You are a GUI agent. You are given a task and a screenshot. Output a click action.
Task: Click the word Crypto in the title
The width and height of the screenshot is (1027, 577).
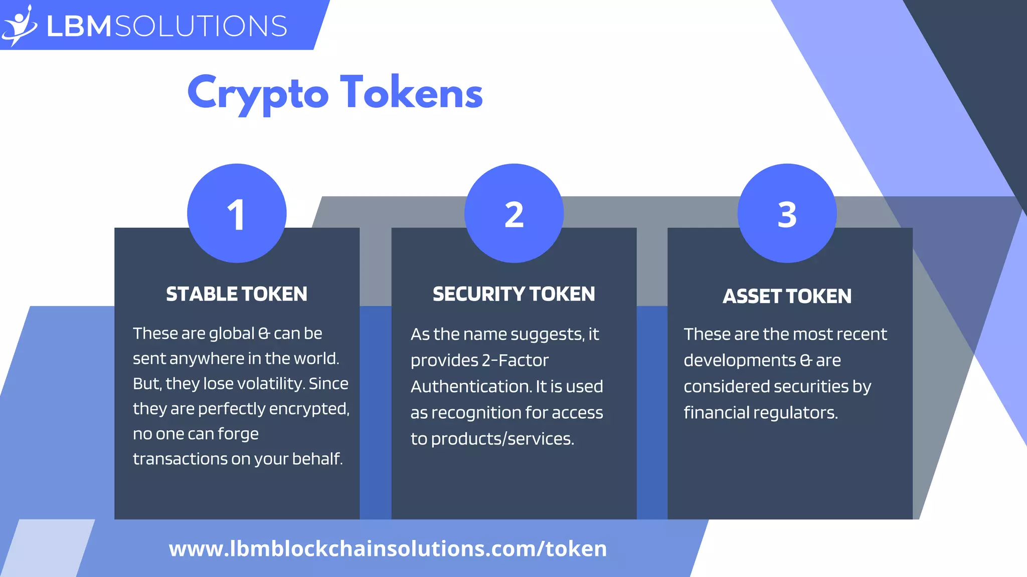258,93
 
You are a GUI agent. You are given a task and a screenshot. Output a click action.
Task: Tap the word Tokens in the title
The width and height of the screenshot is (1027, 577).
411,92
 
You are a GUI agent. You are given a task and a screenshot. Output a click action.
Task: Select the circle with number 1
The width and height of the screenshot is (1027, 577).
237,213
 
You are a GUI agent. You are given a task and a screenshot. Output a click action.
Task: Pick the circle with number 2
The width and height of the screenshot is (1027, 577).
514,213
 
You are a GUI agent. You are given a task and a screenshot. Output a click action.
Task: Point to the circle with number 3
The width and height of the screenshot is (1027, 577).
787,213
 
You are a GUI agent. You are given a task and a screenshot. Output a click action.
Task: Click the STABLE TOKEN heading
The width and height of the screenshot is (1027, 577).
237,294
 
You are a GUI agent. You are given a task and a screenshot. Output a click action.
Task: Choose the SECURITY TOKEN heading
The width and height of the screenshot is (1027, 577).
514,294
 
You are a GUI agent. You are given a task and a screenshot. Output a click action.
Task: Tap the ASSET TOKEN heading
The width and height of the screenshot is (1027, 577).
787,296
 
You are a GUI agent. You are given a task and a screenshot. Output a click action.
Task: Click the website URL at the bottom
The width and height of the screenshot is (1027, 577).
388,548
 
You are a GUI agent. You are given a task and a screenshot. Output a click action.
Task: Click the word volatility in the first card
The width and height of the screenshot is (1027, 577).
270,384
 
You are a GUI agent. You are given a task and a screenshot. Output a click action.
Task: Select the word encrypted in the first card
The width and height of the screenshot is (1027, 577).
309,409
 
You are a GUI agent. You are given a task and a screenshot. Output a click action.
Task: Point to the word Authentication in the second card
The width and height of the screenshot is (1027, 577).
471,387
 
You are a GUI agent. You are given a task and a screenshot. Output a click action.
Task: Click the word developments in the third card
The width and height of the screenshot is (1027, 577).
740,361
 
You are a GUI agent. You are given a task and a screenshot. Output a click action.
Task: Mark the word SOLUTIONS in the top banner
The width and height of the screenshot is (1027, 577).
201,26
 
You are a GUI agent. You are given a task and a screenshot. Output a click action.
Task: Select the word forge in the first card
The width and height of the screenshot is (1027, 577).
239,434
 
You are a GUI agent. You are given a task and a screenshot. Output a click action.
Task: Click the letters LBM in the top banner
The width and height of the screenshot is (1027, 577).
79,26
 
